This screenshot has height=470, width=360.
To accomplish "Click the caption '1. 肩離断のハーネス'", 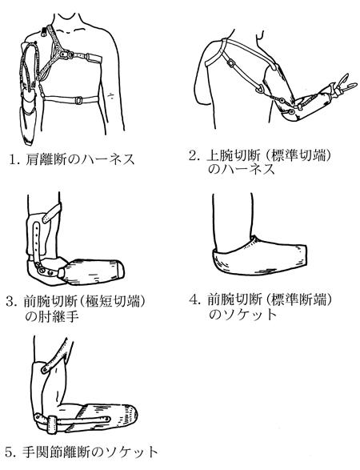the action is [71, 159].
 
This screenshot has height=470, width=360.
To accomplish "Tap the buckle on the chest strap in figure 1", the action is [78, 100].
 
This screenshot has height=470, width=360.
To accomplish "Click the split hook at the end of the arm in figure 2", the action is [345, 83].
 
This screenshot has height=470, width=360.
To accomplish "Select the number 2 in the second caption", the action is [193, 156].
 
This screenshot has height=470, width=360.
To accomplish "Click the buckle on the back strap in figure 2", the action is [231, 63].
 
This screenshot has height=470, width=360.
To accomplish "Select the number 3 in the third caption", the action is [10, 302].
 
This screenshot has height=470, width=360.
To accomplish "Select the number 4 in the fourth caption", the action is [194, 299].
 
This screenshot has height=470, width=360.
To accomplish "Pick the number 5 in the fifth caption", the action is [10, 452].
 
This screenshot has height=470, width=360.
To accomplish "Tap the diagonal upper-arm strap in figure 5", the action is [56, 356].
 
